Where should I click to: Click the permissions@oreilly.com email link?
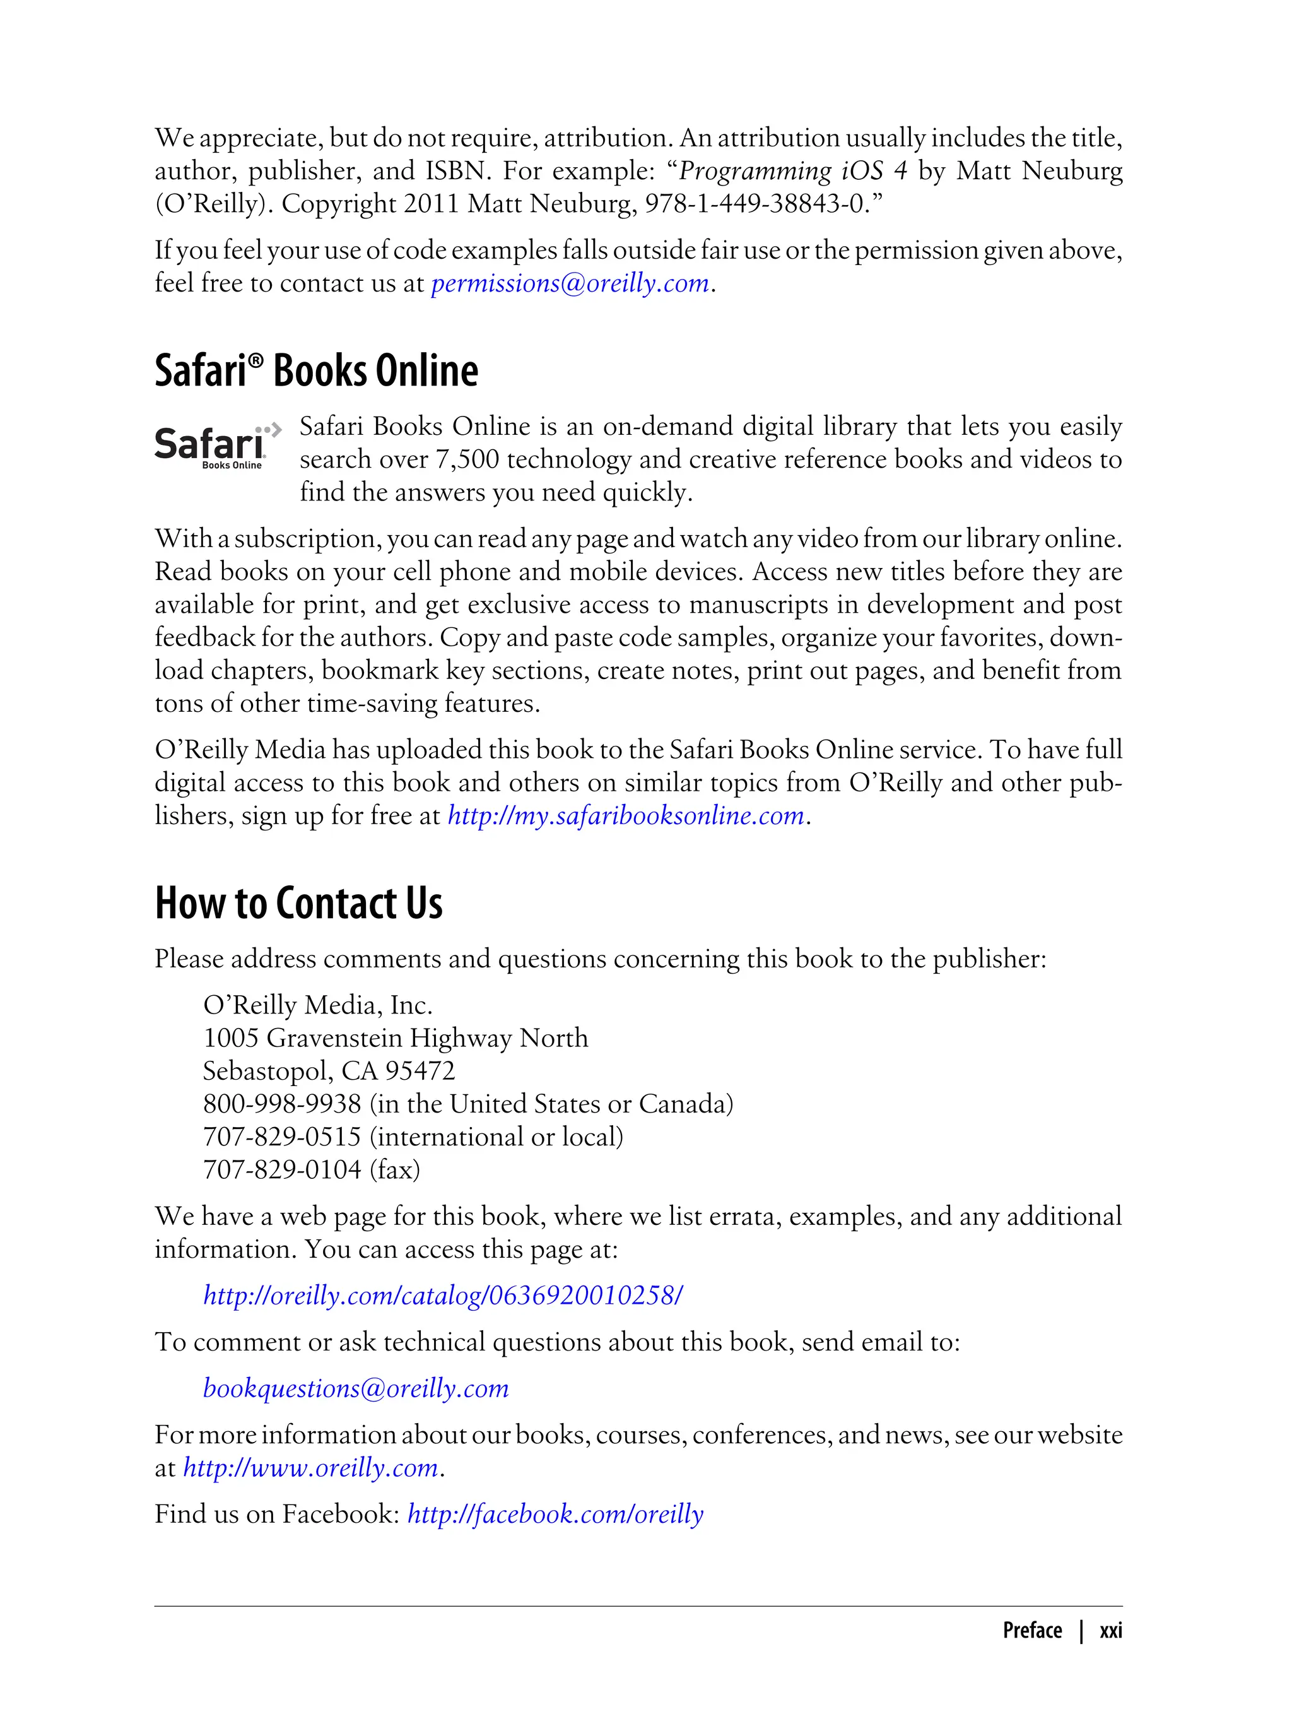point(570,283)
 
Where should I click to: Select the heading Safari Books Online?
point(316,371)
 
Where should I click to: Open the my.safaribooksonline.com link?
point(626,816)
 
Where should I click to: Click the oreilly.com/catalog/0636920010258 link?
point(443,1296)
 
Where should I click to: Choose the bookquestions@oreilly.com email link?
point(356,1388)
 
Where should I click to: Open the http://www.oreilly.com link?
point(310,1468)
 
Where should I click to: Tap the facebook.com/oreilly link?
point(555,1515)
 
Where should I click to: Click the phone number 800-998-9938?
point(281,1104)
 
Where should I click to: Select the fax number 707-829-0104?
point(281,1169)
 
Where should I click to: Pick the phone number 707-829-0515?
point(281,1137)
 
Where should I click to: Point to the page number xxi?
point(1110,1631)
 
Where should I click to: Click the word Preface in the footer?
point(1031,1631)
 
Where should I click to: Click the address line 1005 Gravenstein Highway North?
point(395,1038)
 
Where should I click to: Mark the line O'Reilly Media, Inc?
point(317,1005)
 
